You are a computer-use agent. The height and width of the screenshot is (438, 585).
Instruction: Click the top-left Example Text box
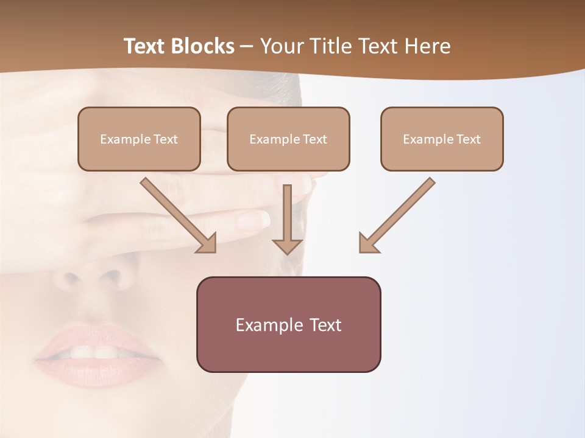(139, 139)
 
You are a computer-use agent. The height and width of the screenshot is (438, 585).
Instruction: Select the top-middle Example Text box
(288, 139)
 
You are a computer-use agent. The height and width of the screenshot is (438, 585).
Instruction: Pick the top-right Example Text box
(442, 139)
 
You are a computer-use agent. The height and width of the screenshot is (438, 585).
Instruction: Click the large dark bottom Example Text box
(288, 324)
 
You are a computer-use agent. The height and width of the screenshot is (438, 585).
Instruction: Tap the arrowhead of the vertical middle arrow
(288, 246)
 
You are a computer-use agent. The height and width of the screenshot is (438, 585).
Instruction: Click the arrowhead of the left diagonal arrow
(207, 243)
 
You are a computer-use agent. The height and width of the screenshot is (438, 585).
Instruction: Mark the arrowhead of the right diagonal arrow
(368, 243)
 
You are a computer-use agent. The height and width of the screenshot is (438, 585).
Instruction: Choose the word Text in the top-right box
(468, 139)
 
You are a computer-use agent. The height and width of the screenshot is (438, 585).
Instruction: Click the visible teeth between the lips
(94, 352)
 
